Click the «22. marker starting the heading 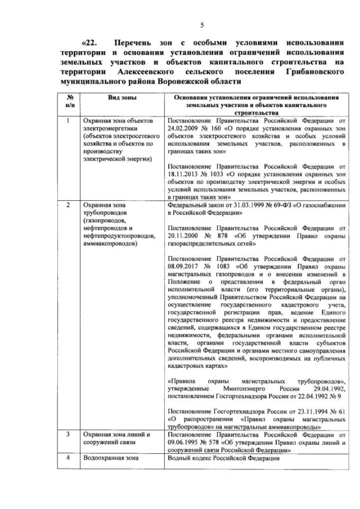(89, 43)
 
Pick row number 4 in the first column (69, 457)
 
